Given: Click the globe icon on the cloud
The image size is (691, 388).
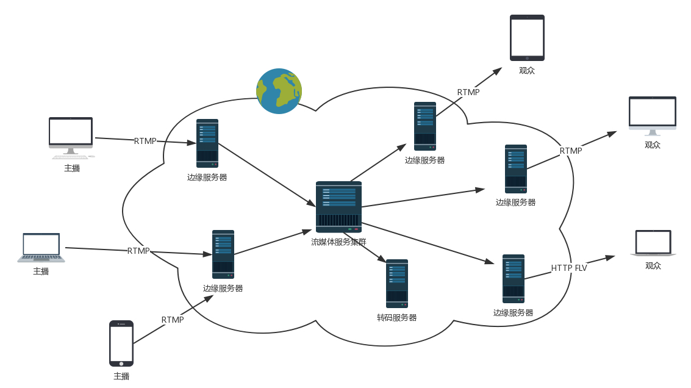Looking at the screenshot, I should [279, 91].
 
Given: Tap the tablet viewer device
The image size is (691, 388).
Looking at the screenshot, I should [527, 38].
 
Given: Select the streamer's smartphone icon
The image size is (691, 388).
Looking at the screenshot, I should [121, 343].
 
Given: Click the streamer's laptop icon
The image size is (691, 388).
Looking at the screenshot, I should [41, 247].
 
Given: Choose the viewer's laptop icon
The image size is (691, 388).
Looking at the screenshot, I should [653, 243].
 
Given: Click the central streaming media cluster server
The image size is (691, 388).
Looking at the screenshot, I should [338, 207].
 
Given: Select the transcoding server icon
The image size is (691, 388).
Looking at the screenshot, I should [397, 284].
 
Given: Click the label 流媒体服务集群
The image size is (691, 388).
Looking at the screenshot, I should [338, 242].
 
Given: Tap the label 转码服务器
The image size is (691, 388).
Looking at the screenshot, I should [397, 318].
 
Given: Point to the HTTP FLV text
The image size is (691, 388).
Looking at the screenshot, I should [569, 268].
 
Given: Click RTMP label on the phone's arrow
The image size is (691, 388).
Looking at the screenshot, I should [173, 320].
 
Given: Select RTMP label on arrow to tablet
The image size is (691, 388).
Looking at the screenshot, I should [468, 93].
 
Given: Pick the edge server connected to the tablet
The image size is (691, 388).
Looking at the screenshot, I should [425, 126].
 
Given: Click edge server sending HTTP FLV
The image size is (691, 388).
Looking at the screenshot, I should [514, 279].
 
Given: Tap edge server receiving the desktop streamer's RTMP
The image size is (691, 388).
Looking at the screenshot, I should [207, 143].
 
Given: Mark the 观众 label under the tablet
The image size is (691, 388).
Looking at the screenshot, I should [527, 71].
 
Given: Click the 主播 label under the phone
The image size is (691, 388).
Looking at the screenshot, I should [121, 376].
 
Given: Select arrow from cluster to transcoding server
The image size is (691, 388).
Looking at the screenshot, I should [366, 247].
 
